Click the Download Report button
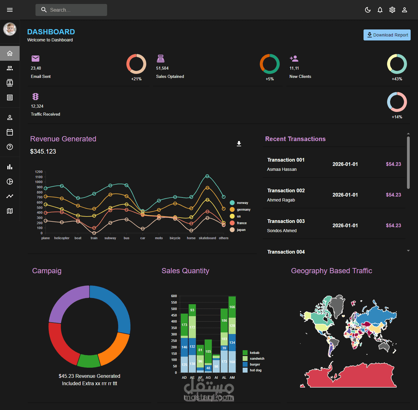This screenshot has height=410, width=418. [387, 35]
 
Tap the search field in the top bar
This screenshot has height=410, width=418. [71, 10]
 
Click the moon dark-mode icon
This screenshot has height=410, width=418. [368, 10]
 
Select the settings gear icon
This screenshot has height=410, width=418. [392, 10]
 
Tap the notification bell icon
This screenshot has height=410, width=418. [380, 10]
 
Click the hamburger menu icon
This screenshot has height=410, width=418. [10, 10]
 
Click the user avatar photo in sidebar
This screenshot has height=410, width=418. [10, 29]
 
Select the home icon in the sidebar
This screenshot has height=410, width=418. [10, 53]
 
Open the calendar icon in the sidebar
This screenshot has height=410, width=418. [10, 132]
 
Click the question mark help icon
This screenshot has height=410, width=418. [10, 147]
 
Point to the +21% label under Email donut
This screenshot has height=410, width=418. [136, 79]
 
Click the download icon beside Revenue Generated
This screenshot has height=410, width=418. [239, 144]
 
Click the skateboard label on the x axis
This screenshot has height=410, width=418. [207, 238]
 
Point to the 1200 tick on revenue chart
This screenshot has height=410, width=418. [39, 172]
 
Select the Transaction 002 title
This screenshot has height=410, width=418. [286, 190]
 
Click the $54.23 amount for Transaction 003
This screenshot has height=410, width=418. [393, 225]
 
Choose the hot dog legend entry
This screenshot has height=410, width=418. [256, 370]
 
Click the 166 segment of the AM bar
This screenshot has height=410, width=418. [232, 307]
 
